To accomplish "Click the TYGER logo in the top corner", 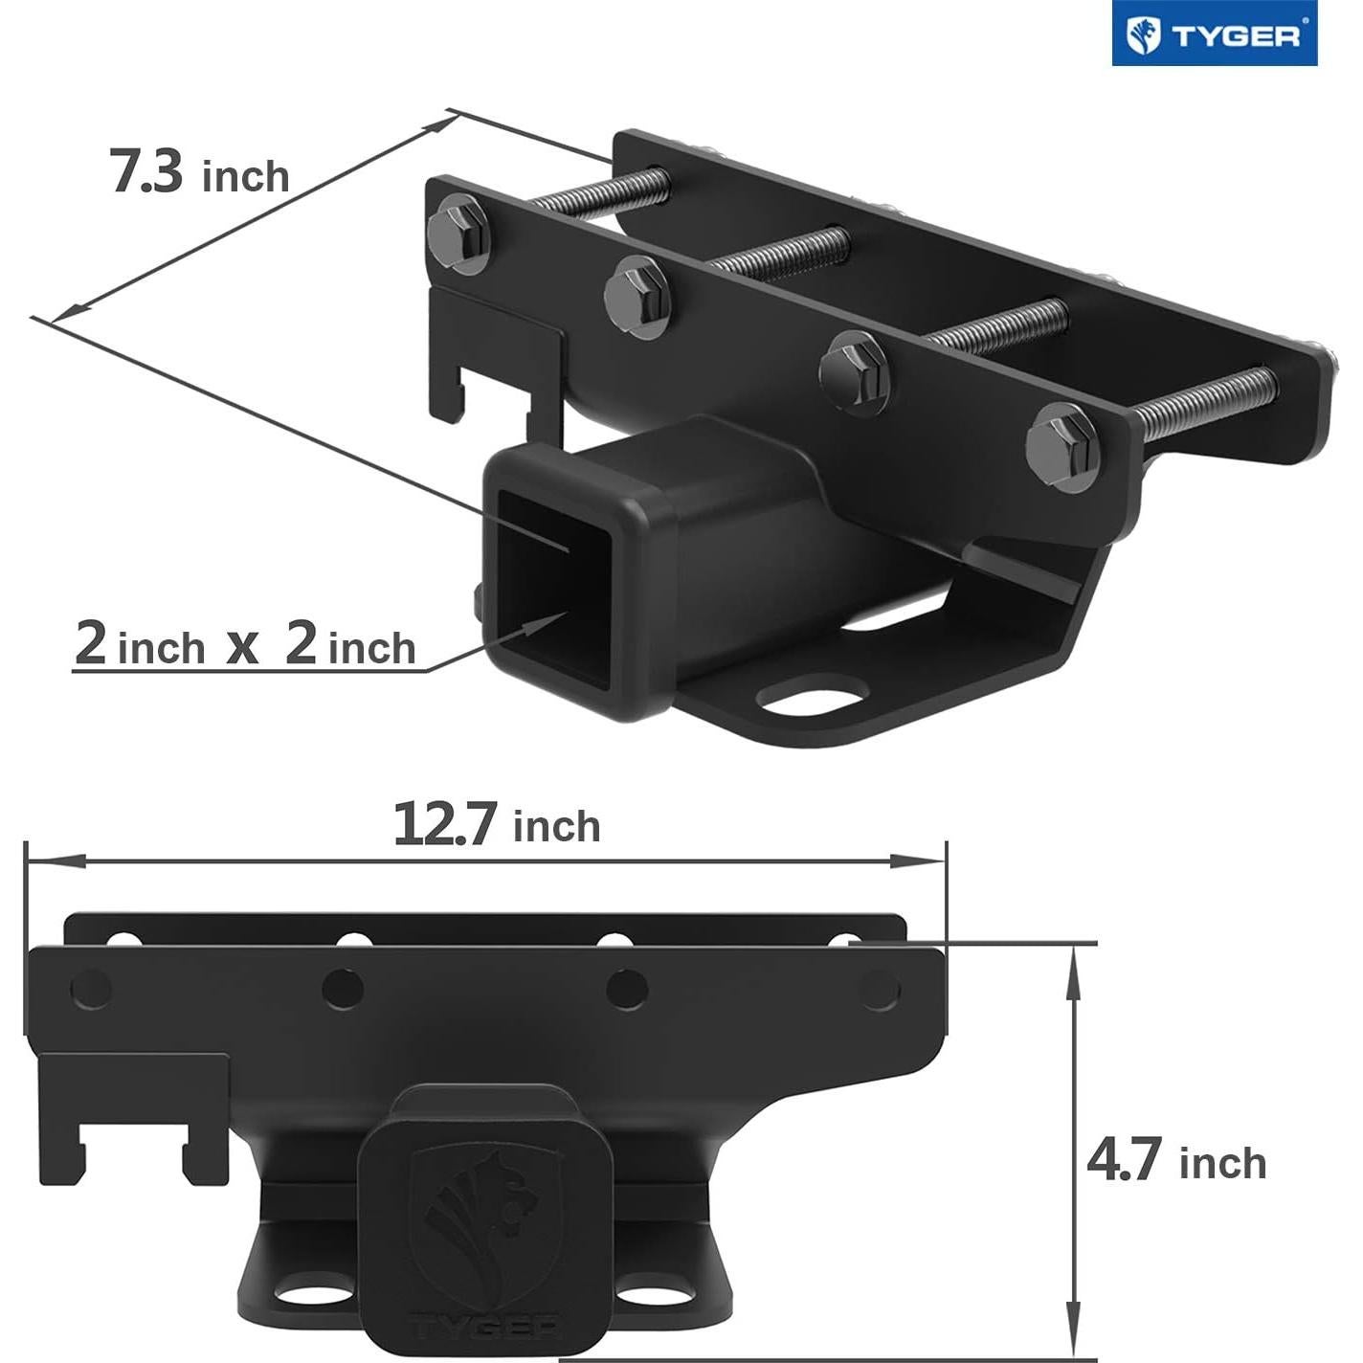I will [x=1214, y=34].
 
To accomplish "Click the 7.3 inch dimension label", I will [x=200, y=172].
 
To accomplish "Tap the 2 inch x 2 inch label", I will [x=245, y=644].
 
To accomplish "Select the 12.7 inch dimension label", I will [x=497, y=824].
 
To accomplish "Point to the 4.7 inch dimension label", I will [x=1176, y=1161].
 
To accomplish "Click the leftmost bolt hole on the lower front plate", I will [x=91, y=989].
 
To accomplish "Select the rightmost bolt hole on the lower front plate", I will [x=880, y=990].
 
